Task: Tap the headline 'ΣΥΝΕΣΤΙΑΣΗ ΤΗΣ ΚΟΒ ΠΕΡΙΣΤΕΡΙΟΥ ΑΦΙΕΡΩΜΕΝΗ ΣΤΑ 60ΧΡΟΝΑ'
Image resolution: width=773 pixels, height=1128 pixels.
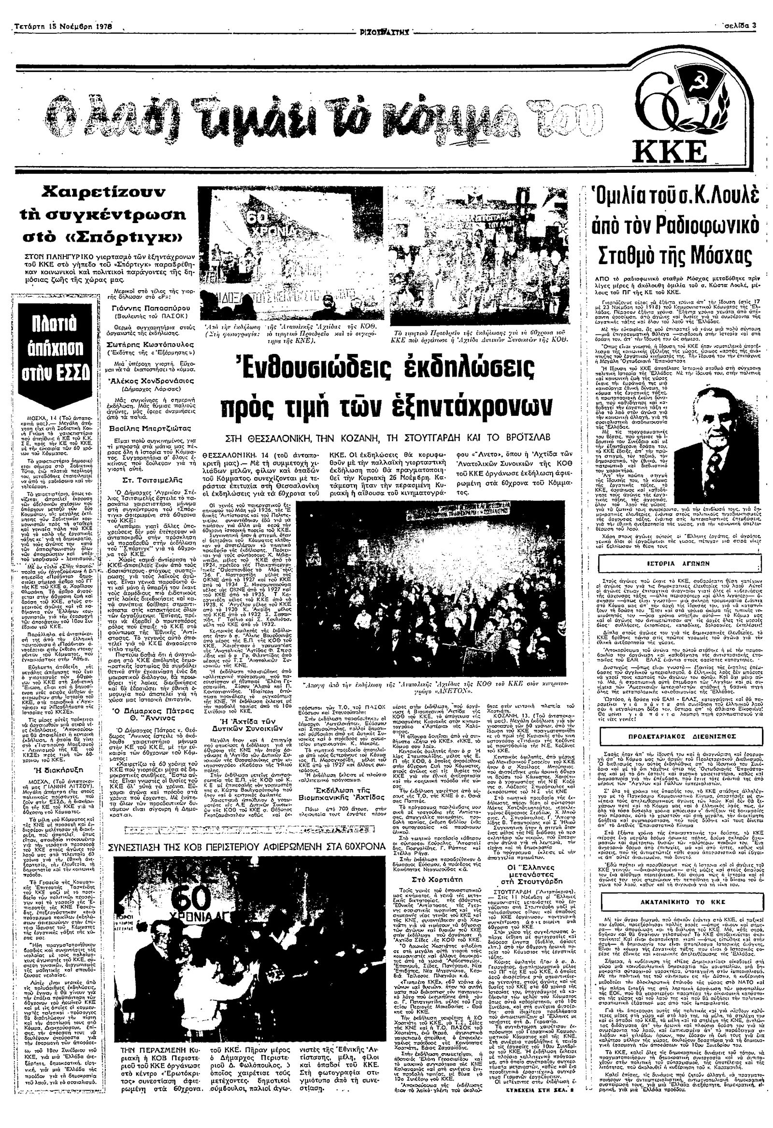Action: [x=247, y=846]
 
